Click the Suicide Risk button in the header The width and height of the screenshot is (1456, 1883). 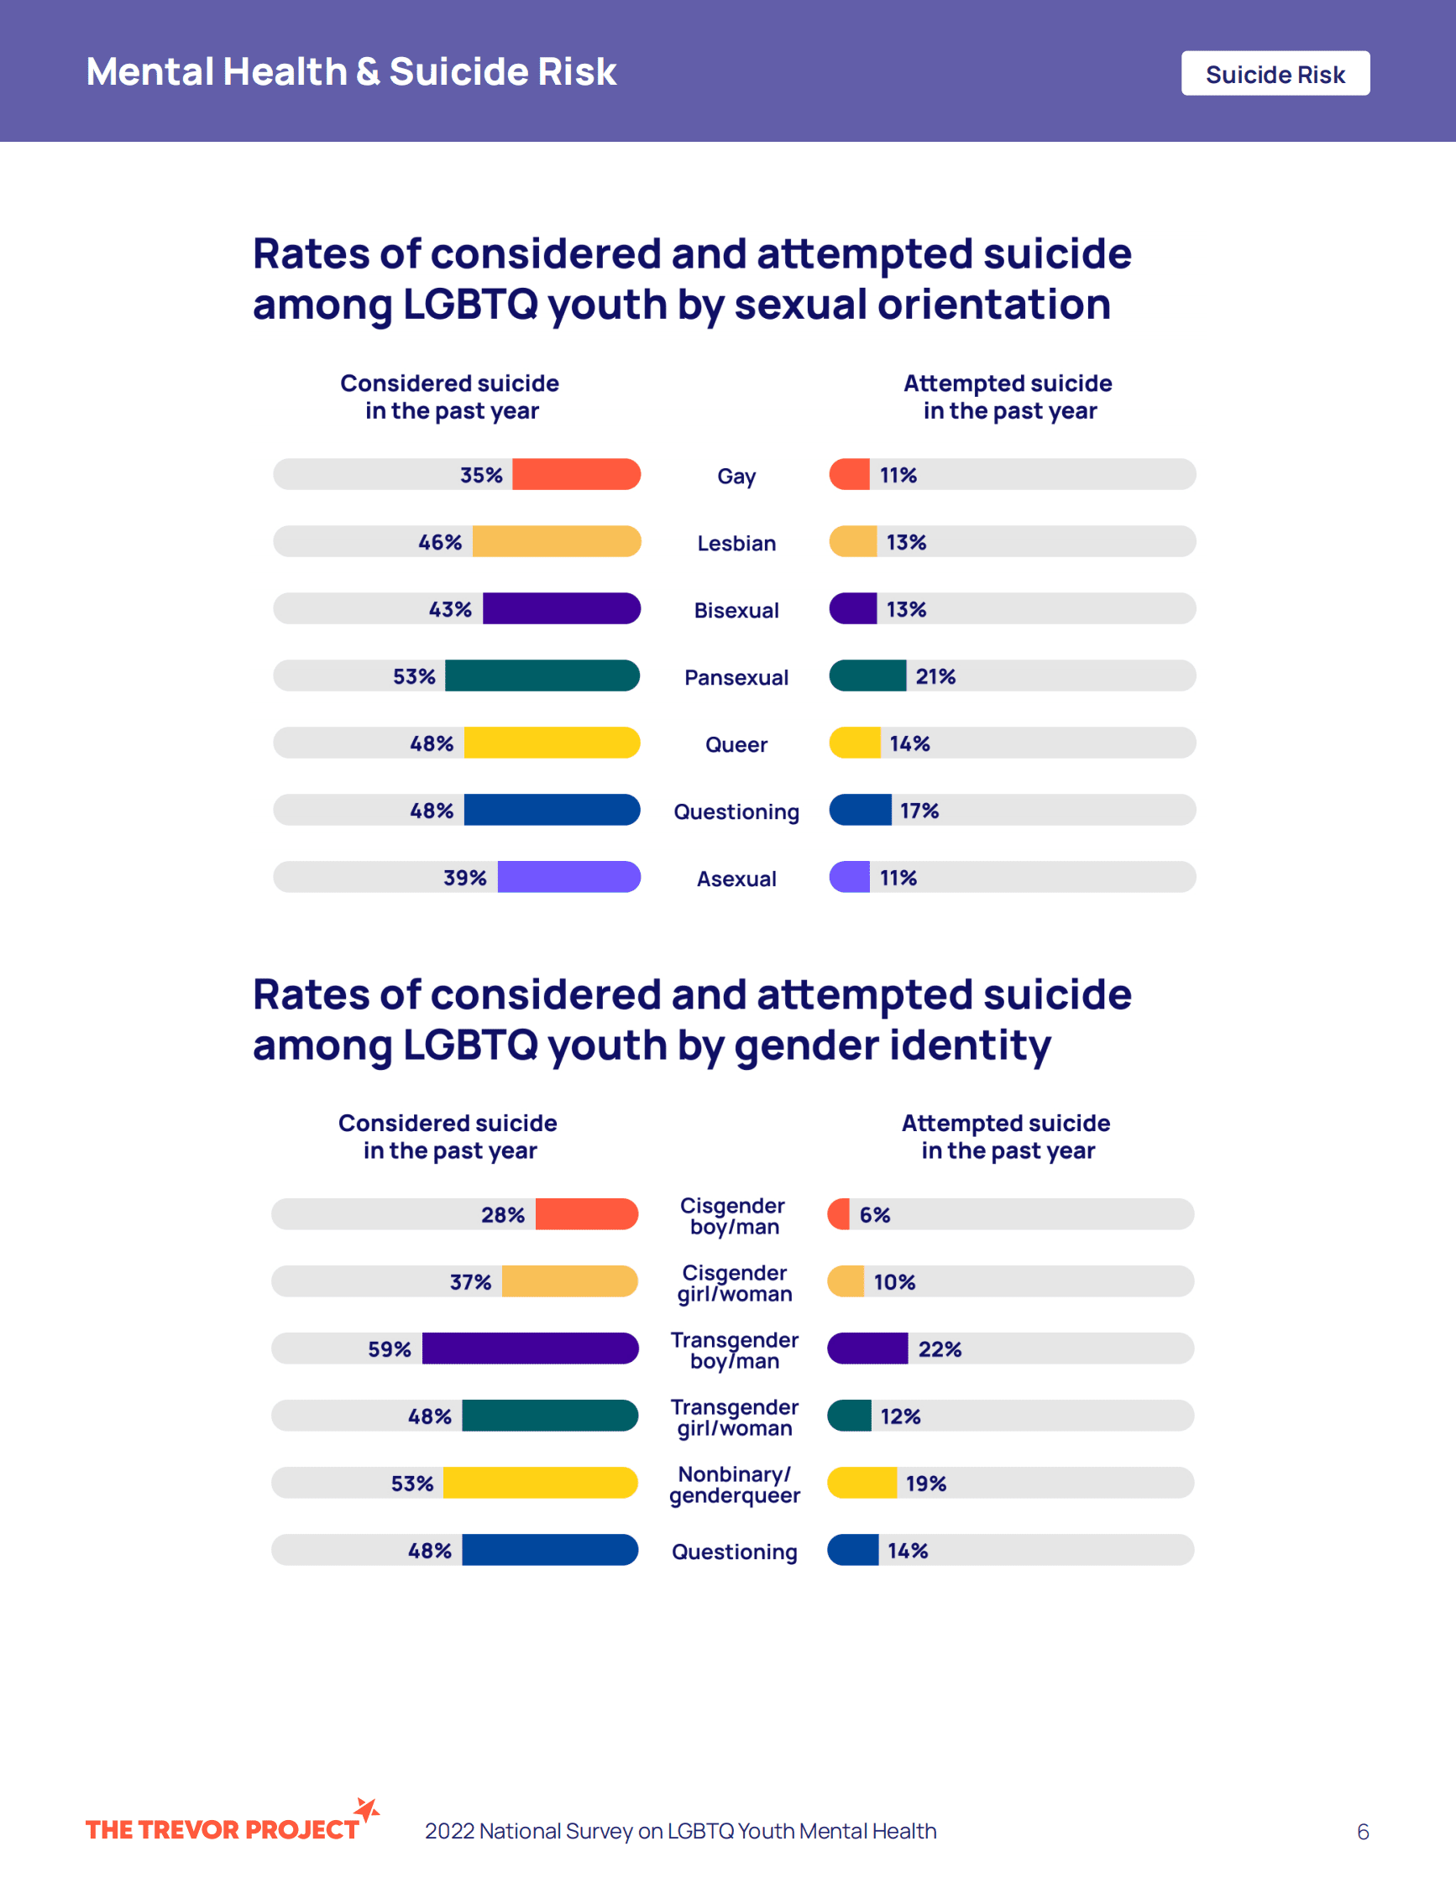1275,74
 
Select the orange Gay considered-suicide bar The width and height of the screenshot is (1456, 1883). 576,474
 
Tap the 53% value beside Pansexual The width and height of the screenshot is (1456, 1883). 414,677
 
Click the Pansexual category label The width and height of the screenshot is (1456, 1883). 736,678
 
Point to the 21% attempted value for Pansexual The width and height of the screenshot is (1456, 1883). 935,677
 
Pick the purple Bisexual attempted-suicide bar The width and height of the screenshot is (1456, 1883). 853,608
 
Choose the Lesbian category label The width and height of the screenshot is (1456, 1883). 736,543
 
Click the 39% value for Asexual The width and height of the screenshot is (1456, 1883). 465,878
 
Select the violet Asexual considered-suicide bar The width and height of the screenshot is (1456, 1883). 569,877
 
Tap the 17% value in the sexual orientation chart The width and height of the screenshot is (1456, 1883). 919,811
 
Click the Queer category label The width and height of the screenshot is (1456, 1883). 736,745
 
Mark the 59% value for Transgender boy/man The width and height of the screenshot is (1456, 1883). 389,1349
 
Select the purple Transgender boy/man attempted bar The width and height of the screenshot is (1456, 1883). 867,1348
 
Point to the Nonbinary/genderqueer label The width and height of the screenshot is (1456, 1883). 734,1484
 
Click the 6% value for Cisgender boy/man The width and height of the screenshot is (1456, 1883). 875,1215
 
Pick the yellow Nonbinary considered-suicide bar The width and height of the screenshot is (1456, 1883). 541,1483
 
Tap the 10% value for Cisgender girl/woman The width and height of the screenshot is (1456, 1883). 894,1282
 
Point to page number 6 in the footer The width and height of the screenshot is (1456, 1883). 1363,1831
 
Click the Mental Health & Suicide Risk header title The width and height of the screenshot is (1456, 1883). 351,71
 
